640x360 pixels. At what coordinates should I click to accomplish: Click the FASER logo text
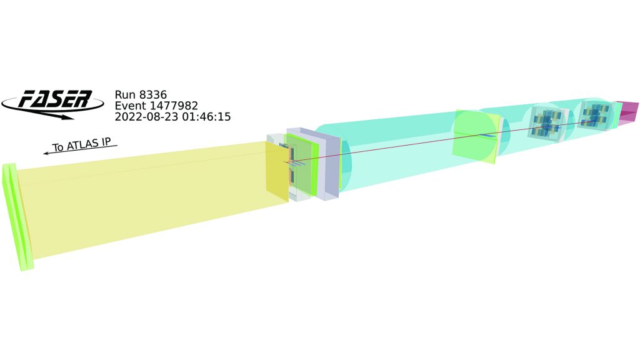pyautogui.click(x=56, y=99)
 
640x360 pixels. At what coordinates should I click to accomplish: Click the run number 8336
pyautogui.click(x=153, y=95)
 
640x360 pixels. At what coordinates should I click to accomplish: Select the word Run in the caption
pyautogui.click(x=125, y=95)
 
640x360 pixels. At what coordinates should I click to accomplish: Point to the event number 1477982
pyautogui.click(x=174, y=106)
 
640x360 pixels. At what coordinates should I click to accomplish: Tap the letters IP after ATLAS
pyautogui.click(x=106, y=142)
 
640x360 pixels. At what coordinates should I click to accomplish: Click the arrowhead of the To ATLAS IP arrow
pyautogui.click(x=46, y=153)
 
